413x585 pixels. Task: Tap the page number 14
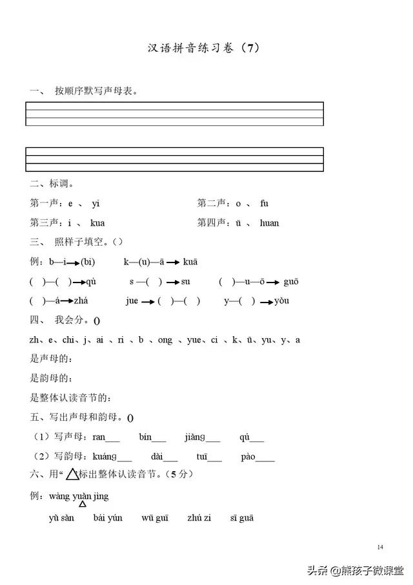[x=380, y=548]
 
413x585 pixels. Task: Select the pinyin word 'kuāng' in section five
[x=105, y=456]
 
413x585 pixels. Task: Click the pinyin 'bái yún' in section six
[x=108, y=517]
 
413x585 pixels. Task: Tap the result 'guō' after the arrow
[x=290, y=281]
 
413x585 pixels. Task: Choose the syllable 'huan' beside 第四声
[x=269, y=223]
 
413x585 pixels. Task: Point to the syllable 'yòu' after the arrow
[x=282, y=301]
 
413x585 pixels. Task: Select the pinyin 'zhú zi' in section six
[x=199, y=517]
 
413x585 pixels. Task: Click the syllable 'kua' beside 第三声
[x=97, y=223]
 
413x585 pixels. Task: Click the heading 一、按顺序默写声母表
[x=84, y=90]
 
